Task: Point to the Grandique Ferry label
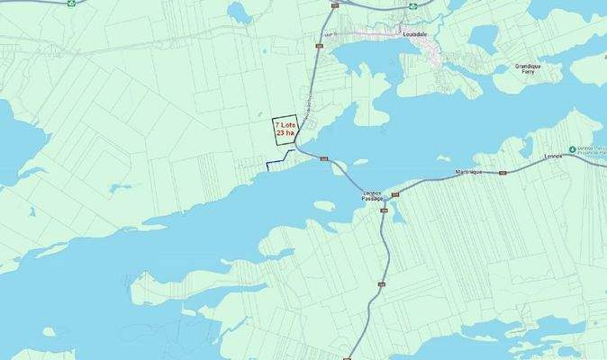click(526, 68)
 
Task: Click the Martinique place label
click(467, 171)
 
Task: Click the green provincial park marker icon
click(572, 149)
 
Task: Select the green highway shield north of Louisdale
click(412, 5)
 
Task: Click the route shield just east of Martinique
click(503, 172)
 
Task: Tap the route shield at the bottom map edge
click(347, 357)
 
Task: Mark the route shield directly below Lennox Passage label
click(384, 211)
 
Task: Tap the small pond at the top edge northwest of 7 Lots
click(239, 10)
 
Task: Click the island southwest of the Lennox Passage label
click(325, 207)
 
